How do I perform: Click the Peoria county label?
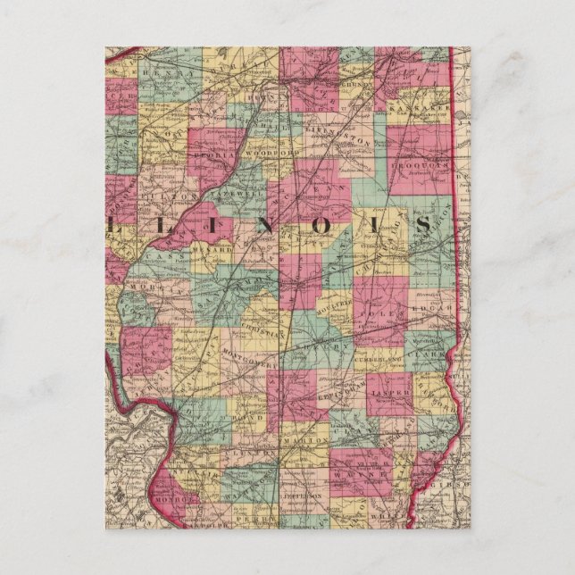208,154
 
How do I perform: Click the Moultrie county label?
338,304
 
